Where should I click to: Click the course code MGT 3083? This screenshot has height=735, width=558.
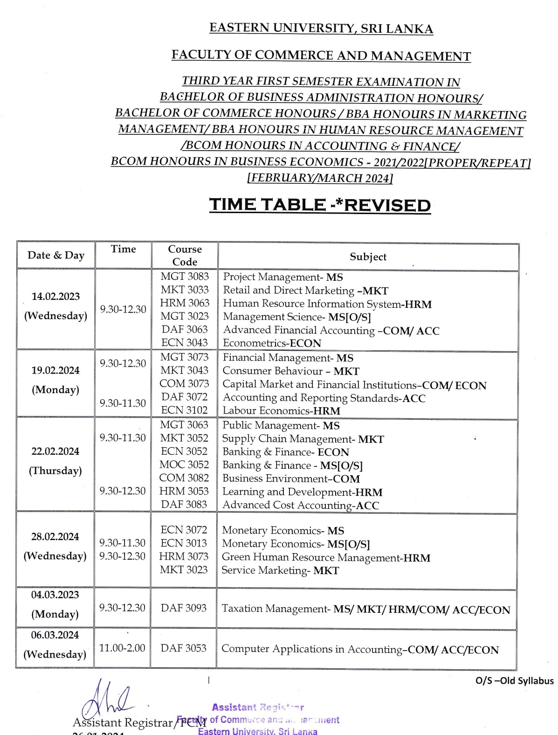185,277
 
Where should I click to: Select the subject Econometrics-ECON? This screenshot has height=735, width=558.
272,343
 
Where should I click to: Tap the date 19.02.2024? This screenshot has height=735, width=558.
55,370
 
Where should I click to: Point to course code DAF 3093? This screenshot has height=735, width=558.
184,608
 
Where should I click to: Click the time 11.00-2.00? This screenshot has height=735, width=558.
122,648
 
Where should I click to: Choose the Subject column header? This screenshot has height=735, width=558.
368,257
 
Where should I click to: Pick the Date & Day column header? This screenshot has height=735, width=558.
56,255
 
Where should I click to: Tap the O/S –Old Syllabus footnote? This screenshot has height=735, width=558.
514,681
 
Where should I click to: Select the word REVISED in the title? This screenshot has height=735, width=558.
387,205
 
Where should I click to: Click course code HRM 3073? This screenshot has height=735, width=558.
184,556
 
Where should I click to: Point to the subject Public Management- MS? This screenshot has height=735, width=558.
281,425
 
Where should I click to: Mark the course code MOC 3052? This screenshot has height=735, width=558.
184,465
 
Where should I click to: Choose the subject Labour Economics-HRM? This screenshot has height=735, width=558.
281,411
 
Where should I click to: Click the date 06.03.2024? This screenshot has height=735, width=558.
55,635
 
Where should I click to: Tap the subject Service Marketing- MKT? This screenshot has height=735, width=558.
280,570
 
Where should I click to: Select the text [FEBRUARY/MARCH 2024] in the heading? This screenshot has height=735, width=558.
320,178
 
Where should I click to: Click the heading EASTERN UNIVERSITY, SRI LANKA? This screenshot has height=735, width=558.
321,28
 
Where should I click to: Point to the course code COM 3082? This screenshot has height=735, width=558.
184,478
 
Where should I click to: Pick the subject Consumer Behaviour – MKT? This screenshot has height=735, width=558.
291,371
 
